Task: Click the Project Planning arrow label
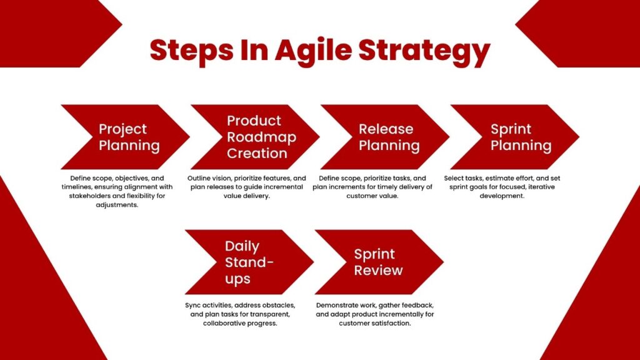pos(129,137)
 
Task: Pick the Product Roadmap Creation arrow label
pos(261,137)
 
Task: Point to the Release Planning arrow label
pos(389,137)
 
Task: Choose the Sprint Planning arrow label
pos(521,137)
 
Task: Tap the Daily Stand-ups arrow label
pos(249,262)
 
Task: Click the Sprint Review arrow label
pos(378,262)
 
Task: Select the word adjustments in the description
pos(117,205)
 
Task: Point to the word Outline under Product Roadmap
pos(198,178)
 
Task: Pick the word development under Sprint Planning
pos(502,196)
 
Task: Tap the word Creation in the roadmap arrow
pos(257,154)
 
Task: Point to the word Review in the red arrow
pos(378,270)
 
